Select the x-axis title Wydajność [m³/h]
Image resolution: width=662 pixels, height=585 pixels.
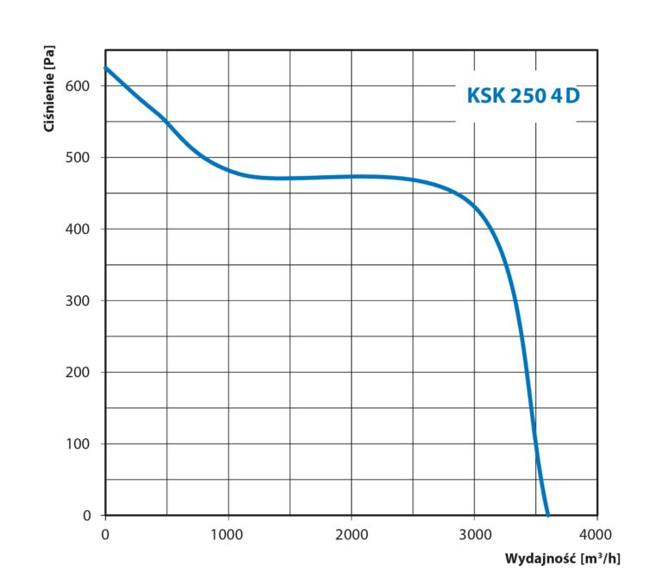click(562, 558)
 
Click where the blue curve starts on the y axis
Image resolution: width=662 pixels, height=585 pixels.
click(106, 67)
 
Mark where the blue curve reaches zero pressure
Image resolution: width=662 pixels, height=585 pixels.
click(547, 514)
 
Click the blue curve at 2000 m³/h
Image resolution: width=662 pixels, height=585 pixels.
click(351, 176)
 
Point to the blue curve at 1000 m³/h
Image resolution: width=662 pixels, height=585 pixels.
click(228, 170)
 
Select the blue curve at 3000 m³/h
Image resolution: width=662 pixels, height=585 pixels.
click(474, 206)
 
